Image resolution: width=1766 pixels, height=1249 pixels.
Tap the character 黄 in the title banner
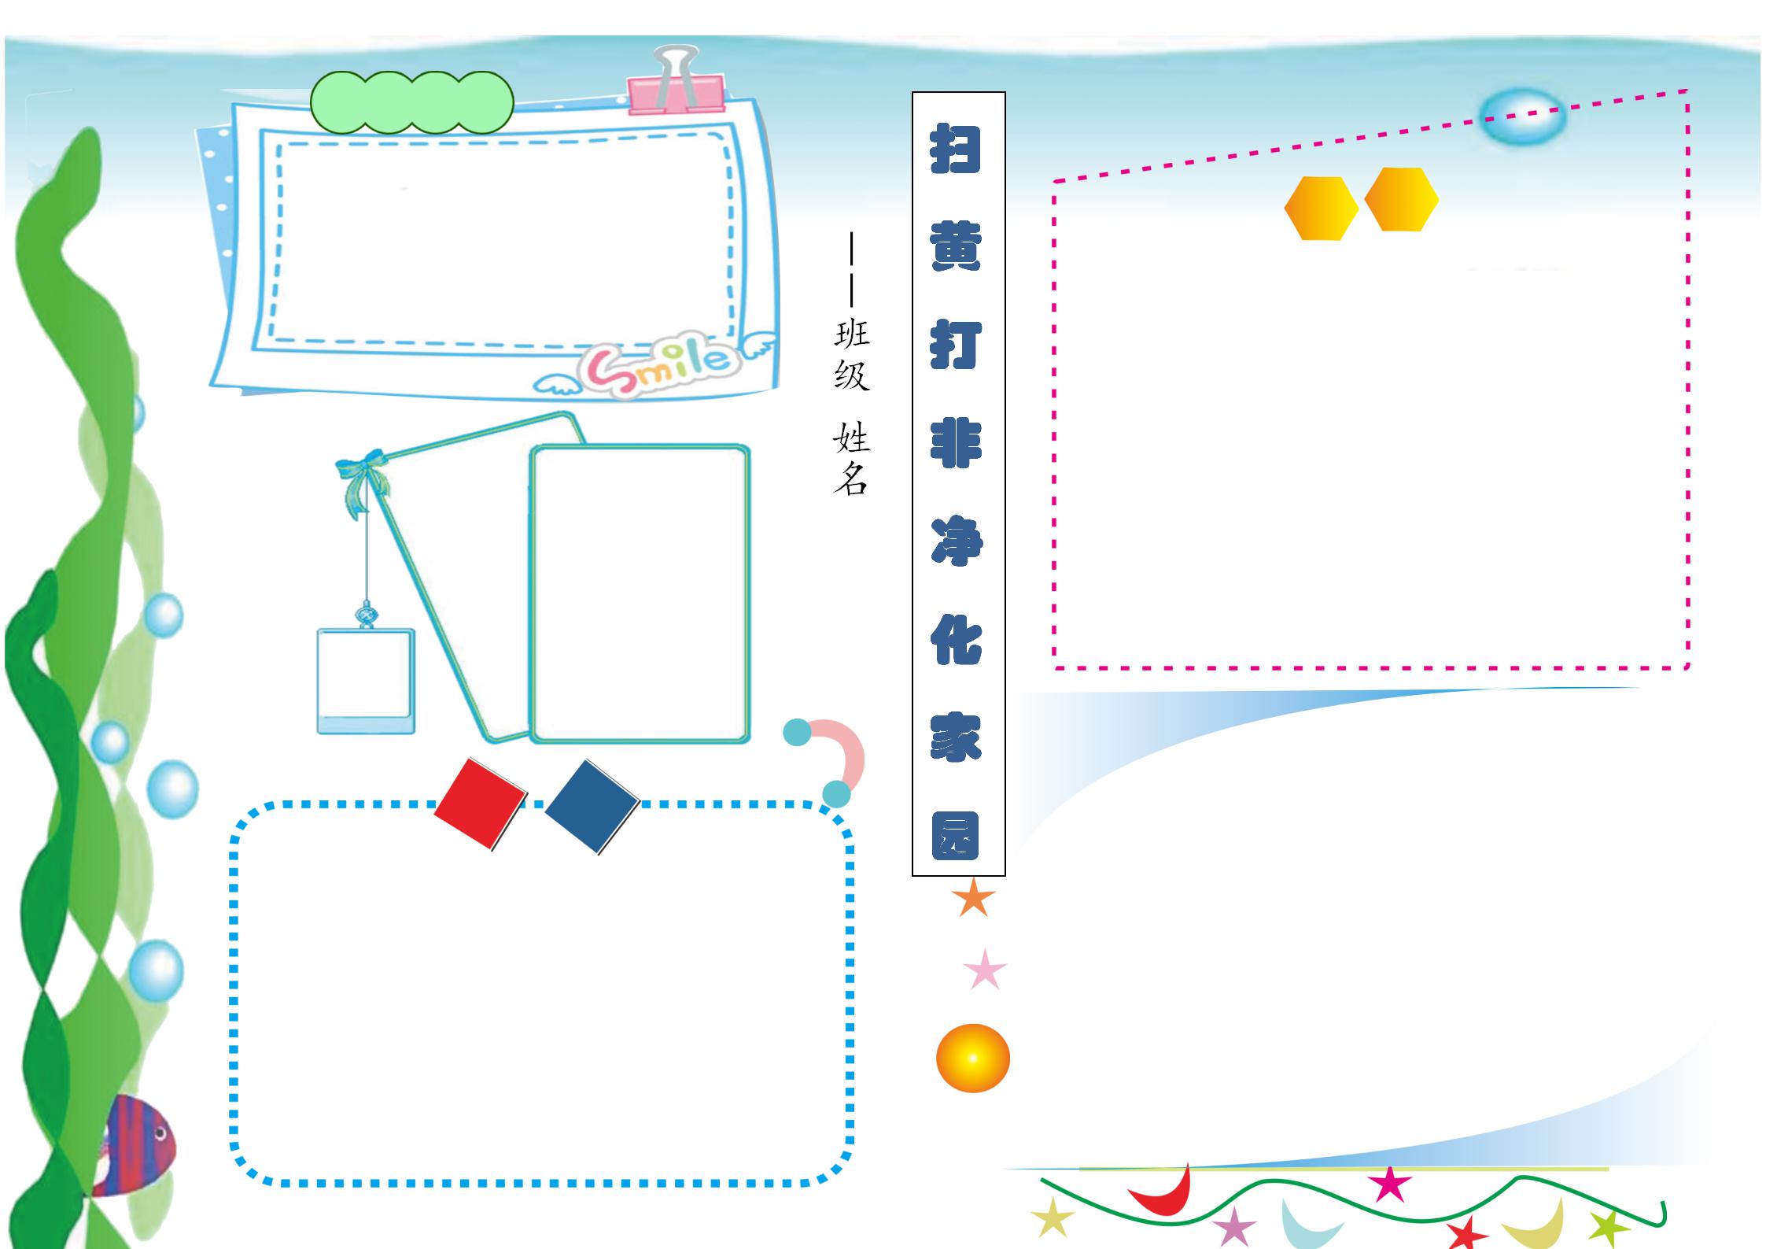956,246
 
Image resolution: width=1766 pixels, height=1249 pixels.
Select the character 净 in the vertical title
957,541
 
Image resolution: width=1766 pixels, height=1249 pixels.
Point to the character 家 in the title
956,737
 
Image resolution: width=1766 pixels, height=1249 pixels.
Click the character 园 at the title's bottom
956,835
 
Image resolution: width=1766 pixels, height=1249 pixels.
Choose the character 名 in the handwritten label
851,478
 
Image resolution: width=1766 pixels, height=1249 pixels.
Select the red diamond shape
480,804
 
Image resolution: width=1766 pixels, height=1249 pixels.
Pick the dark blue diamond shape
592,806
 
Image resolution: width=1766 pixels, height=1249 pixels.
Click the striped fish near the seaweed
138,1145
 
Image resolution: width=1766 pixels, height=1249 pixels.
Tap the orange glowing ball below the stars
972,1059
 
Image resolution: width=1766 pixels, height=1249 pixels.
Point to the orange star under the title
973,898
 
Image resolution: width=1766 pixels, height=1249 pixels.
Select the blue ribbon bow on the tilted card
363,476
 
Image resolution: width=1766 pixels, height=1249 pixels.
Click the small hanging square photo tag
366,681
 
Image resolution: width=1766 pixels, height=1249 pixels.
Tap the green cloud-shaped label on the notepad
411,103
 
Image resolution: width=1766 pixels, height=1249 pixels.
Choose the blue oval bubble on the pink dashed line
1522,117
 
